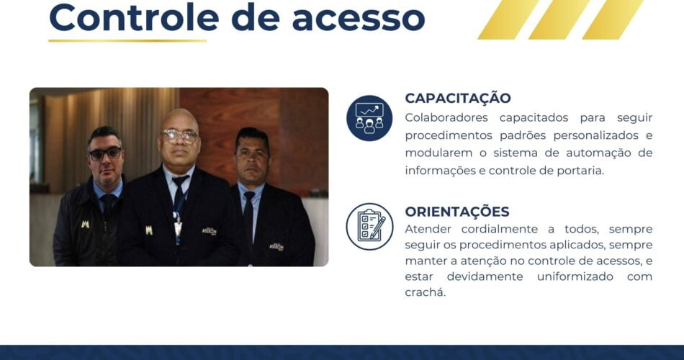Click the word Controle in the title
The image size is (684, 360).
click(x=134, y=17)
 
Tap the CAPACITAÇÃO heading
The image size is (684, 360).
click(x=458, y=97)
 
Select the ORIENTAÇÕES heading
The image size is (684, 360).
click(x=456, y=212)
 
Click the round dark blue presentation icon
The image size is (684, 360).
click(x=369, y=118)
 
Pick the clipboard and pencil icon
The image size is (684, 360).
click(x=369, y=227)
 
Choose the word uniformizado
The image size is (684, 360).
click(x=575, y=276)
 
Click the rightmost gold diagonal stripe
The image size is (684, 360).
click(x=613, y=19)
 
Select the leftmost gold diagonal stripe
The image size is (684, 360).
click(x=508, y=19)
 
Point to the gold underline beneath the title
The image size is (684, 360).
click(x=127, y=40)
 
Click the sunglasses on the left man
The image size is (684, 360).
click(x=105, y=153)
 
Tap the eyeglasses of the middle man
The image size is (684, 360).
click(x=179, y=135)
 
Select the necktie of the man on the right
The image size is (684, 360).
click(x=248, y=217)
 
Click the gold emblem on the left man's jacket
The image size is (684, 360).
click(x=85, y=224)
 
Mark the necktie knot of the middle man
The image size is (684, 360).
click(x=180, y=180)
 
